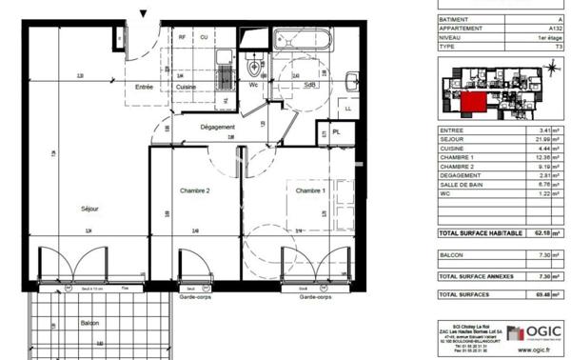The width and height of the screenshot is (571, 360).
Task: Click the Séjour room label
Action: (x=90, y=209)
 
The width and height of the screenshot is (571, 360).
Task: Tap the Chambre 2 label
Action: (x=194, y=190)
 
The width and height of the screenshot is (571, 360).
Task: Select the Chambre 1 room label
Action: (x=309, y=190)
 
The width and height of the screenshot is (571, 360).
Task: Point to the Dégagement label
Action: (x=217, y=128)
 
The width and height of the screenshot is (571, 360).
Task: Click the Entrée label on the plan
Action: (x=144, y=87)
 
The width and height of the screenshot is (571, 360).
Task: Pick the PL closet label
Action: (x=336, y=132)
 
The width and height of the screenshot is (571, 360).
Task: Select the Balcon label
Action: (x=90, y=322)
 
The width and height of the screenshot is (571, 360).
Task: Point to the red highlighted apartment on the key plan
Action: (x=473, y=98)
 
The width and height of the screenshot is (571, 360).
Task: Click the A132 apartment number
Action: (x=545, y=29)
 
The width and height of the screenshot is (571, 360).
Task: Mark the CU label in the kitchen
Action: (x=203, y=37)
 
